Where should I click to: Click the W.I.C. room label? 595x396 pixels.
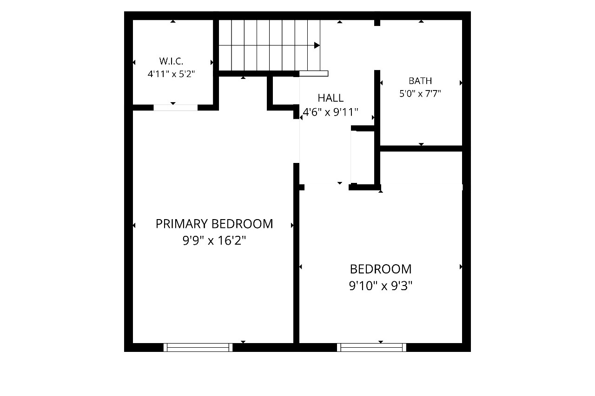pos(171,61)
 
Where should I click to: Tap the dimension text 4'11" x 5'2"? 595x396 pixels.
pos(172,74)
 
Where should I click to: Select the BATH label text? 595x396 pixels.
pos(420,81)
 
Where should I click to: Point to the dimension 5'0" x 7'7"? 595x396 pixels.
pos(420,94)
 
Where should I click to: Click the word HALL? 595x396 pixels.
pos(331,98)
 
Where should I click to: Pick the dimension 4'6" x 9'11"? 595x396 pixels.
pos(331,112)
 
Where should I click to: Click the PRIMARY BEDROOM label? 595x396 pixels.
pos(214,224)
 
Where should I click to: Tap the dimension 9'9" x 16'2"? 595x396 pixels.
pos(214,241)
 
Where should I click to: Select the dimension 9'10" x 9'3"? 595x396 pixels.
pos(381,286)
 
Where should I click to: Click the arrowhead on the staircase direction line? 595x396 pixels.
pos(317,45)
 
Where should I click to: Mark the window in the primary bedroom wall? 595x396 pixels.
pos(198,347)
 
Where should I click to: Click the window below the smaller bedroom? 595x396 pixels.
pos(371,347)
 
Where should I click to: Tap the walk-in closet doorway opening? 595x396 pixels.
pos(176,107)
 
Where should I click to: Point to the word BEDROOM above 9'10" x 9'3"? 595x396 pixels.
pos(381,269)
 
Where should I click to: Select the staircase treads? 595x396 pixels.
pos(269,45)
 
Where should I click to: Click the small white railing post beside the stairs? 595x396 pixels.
pos(314,73)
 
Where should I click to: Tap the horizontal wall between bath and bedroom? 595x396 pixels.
pos(421,149)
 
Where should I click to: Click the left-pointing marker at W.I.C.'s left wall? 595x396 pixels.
pos(134,62)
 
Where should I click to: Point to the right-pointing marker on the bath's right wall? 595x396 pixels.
pos(461,83)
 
